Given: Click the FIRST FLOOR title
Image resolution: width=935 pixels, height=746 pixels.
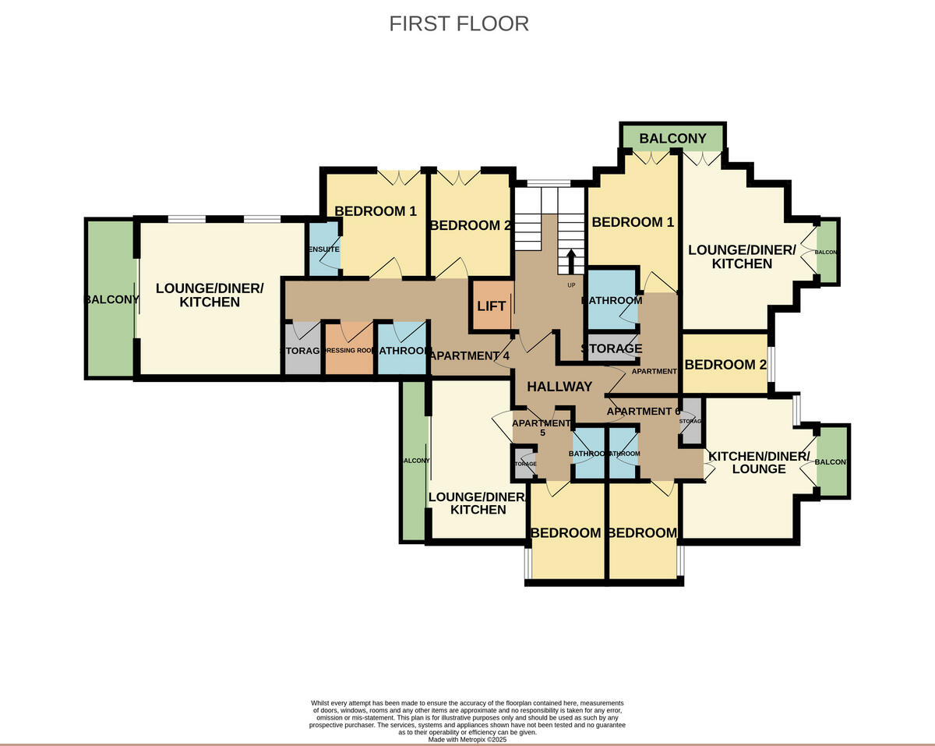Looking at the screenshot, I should point(459,23).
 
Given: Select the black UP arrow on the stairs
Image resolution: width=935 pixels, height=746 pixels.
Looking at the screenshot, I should point(571,261).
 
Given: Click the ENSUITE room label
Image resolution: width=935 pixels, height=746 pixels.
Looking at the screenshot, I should point(323,249).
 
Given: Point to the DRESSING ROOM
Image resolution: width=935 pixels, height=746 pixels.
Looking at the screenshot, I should point(349,351).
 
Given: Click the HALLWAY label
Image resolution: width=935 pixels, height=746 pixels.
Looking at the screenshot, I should point(559,387).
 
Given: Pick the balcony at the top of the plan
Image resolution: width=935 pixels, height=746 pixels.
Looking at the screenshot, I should point(672,139).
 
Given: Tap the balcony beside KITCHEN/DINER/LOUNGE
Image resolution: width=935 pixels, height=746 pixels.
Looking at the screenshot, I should point(831,461).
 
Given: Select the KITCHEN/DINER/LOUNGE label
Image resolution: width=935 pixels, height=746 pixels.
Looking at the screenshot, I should point(758,462).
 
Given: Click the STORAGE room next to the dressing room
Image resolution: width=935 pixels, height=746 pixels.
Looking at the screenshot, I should point(302,351).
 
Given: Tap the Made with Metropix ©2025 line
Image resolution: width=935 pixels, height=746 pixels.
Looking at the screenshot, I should point(467,740).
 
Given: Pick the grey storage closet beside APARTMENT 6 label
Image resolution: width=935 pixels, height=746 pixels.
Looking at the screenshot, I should point(691,422).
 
